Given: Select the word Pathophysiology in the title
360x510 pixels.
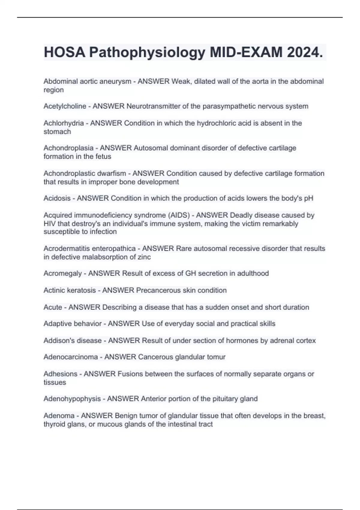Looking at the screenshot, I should [147, 52].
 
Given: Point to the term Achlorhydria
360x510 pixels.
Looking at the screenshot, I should [64, 123].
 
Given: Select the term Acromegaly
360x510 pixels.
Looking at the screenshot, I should [63, 273].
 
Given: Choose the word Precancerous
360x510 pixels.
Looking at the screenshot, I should [158, 290].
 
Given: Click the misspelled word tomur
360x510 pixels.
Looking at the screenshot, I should [216, 357].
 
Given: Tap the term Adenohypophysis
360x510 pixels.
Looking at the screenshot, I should [72, 399].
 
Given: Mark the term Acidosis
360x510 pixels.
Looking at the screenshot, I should [57, 198].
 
